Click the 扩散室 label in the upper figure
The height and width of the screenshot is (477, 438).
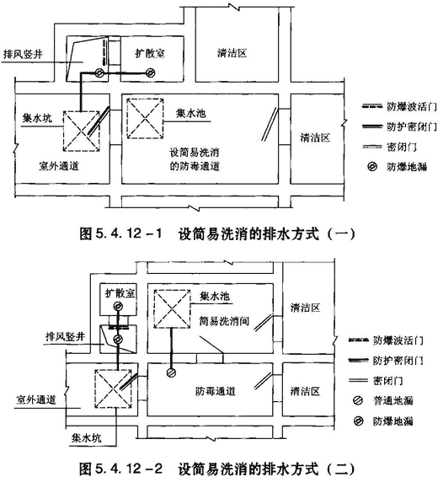point(150,54)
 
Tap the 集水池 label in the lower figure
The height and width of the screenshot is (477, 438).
point(215,297)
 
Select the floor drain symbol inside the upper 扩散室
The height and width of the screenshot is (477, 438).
point(150,72)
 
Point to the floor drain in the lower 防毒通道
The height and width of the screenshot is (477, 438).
point(171,372)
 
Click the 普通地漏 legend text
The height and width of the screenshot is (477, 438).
point(393,400)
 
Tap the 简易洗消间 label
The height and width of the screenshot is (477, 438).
point(224,321)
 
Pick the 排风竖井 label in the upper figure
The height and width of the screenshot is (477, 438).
point(23,54)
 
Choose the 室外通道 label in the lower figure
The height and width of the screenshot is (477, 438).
point(36,399)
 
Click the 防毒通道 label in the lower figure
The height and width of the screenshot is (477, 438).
point(215,391)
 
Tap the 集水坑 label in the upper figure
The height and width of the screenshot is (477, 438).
point(37,118)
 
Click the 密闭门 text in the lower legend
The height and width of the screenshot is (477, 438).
point(387,381)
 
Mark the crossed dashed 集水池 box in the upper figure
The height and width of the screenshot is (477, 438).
point(145,119)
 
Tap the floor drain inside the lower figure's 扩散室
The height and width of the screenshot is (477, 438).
point(118,306)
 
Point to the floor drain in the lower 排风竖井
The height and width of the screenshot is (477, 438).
point(118,339)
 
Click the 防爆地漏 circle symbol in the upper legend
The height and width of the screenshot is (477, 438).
point(372,167)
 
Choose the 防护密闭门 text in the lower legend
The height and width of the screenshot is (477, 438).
point(398,361)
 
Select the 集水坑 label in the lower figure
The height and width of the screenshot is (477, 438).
point(86,438)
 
